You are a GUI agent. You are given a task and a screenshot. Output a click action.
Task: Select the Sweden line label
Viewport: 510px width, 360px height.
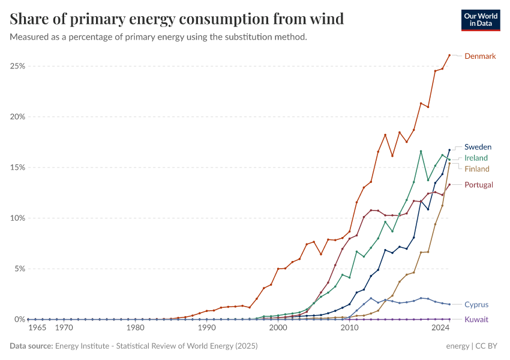click(478, 147)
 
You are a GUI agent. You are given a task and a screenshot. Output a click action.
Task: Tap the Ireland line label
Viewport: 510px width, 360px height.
click(476, 158)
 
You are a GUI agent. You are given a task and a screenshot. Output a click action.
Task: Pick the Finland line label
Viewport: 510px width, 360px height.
click(477, 169)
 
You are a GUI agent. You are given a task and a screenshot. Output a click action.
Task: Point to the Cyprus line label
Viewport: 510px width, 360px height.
click(476, 305)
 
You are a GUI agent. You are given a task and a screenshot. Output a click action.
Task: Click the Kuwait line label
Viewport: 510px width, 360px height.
click(476, 320)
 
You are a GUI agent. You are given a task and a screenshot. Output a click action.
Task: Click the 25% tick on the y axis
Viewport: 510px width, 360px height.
click(17, 66)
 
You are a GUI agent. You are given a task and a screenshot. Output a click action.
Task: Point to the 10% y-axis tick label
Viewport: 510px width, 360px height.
click(17, 218)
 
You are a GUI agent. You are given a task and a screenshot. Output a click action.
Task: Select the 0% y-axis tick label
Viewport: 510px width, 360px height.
click(19, 320)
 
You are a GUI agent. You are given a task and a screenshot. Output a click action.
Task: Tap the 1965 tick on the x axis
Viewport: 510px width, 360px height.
click(37, 328)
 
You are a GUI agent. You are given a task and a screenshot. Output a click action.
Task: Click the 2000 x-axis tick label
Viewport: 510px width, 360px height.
click(278, 328)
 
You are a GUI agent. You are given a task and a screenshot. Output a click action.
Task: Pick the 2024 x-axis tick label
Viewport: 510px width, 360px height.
click(441, 328)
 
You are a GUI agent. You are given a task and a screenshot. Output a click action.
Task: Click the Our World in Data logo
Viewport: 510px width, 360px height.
click(481, 20)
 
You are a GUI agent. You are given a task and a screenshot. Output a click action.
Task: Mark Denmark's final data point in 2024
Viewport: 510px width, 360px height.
click(449, 55)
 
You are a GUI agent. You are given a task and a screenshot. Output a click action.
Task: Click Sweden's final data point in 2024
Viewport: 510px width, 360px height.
click(449, 150)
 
